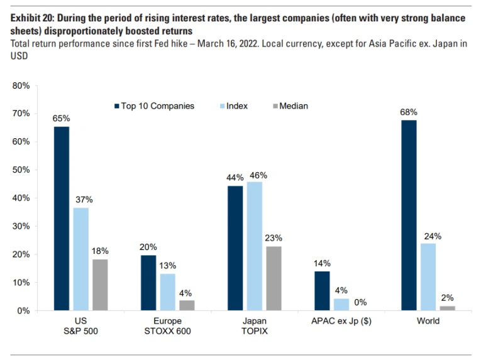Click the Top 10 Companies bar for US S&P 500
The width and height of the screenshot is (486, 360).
(61, 219)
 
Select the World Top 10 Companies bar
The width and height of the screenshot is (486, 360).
(409, 215)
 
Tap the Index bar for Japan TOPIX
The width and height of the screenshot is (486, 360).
(254, 246)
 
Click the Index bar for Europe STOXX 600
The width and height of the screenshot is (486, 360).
(167, 292)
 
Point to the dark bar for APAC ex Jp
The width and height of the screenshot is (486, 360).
(322, 291)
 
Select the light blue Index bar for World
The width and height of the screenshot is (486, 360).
(428, 277)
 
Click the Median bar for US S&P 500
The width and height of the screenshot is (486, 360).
(99, 285)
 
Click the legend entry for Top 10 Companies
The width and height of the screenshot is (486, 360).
(153, 106)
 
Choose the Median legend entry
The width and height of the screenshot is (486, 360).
(290, 106)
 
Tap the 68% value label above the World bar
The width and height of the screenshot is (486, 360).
(409, 112)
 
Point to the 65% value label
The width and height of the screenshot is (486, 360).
(61, 118)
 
